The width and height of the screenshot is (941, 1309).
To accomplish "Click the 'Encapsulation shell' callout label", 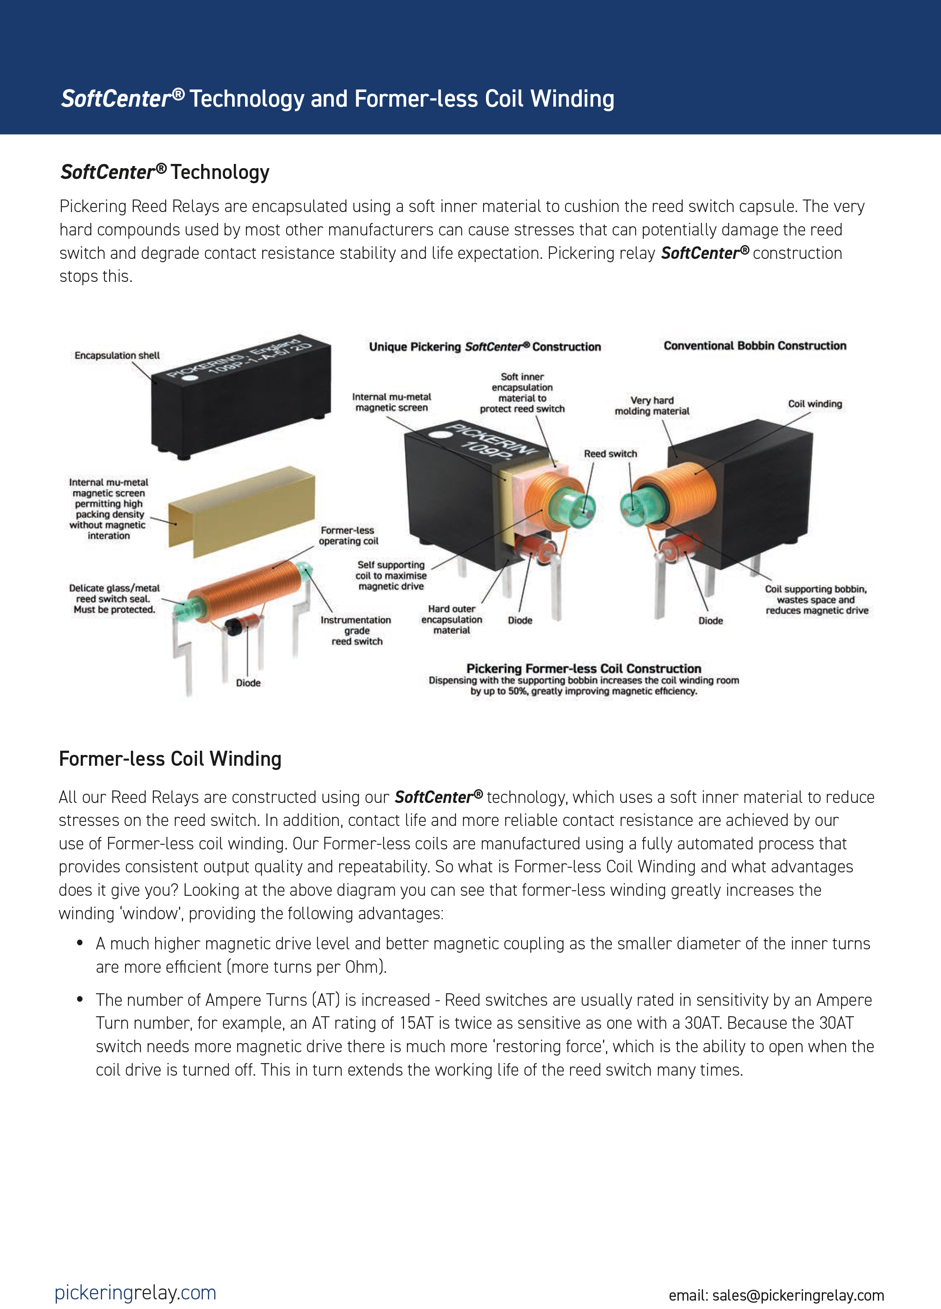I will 117,355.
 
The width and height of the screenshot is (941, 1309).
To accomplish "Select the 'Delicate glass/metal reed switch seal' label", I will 114,598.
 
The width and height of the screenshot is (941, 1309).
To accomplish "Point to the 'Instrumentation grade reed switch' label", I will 356,630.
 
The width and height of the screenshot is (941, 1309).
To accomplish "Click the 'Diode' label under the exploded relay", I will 248,683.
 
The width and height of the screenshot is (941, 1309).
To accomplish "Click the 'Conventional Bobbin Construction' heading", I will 754,346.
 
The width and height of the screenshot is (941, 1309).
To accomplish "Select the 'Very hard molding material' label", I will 652,406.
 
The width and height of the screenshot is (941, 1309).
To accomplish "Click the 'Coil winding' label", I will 815,404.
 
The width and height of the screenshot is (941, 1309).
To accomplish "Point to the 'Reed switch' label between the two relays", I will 610,454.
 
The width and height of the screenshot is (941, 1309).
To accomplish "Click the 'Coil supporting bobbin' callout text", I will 816,600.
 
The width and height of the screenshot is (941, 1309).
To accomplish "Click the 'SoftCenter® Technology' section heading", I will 165,172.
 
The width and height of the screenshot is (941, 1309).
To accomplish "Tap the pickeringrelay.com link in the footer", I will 135,1292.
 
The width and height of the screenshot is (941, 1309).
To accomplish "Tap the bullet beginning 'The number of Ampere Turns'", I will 484,1034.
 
